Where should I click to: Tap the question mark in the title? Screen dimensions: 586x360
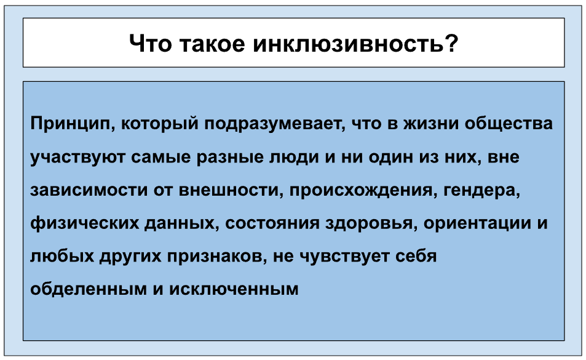click(x=451, y=43)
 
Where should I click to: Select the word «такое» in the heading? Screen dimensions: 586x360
click(x=212, y=43)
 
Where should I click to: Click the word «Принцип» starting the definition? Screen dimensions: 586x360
click(x=73, y=124)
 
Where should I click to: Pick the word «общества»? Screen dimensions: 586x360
click(x=509, y=124)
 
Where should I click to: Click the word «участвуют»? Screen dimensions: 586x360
click(x=77, y=158)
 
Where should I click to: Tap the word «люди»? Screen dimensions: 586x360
click(x=294, y=158)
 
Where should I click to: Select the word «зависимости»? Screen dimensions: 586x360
click(x=89, y=190)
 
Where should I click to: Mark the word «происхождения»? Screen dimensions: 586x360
click(x=363, y=190)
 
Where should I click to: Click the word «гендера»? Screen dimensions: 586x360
click(x=481, y=190)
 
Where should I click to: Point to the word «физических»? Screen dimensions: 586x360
click(x=84, y=223)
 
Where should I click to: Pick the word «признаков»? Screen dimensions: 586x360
click(x=217, y=257)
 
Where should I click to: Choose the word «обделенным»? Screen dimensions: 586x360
click(x=89, y=289)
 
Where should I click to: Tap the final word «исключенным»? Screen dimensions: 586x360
click(x=234, y=290)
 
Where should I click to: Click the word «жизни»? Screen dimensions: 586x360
click(x=431, y=124)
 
